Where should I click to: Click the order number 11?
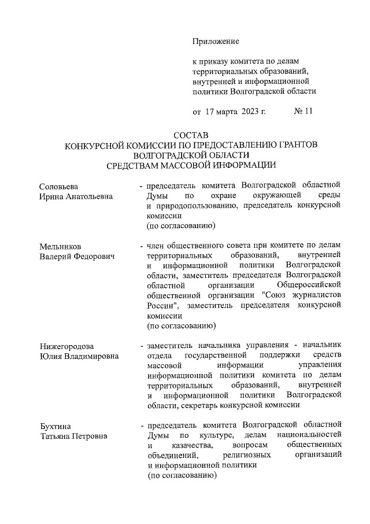pyautogui.click(x=308, y=112)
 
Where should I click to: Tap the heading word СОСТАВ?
pyautogui.click(x=190, y=135)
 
